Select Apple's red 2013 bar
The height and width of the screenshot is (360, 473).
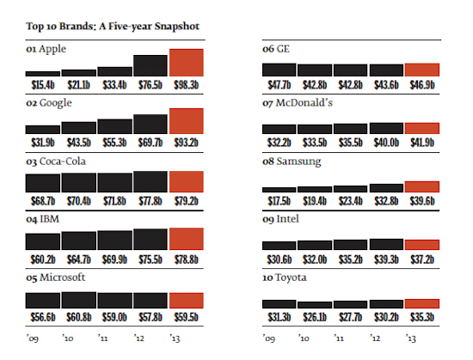click(187, 63)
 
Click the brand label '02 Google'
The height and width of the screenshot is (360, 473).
click(49, 103)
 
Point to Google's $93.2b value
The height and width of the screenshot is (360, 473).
click(187, 143)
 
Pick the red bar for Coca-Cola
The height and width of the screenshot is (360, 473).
click(187, 181)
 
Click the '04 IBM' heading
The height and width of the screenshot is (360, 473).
click(43, 219)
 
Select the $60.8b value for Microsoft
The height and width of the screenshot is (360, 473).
click(79, 316)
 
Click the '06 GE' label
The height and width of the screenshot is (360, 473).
click(276, 49)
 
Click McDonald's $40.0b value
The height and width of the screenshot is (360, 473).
click(386, 143)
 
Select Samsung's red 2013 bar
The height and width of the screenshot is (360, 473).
click(421, 186)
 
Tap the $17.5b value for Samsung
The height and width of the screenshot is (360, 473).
click(278, 200)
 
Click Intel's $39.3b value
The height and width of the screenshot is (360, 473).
click(386, 259)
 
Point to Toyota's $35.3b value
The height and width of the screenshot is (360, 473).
click(421, 316)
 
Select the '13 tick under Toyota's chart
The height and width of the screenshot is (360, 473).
click(410, 338)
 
